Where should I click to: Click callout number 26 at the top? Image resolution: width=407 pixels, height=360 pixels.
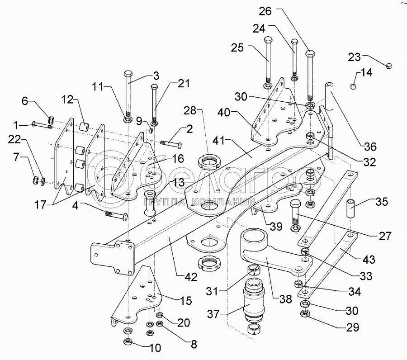(x=265, y=11)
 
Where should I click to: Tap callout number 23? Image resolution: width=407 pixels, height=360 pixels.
(x=354, y=57)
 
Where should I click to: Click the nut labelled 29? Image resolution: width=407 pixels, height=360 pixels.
(x=305, y=314)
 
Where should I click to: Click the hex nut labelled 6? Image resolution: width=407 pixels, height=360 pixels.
(x=51, y=119)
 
